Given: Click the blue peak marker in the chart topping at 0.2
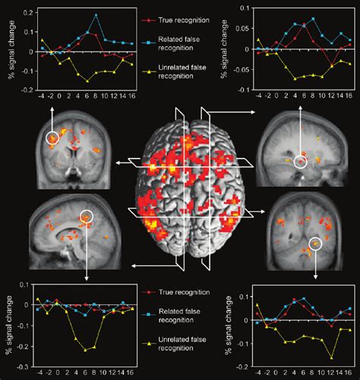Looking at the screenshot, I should (x=95, y=14).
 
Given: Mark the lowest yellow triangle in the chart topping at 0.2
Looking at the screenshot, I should (x=87, y=81).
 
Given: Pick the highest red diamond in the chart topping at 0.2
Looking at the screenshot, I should (x=87, y=33).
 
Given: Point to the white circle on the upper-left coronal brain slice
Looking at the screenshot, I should (x=52, y=138).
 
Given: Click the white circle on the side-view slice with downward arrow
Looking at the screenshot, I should (x=87, y=217).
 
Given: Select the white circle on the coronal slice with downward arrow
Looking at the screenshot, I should (x=315, y=245).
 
